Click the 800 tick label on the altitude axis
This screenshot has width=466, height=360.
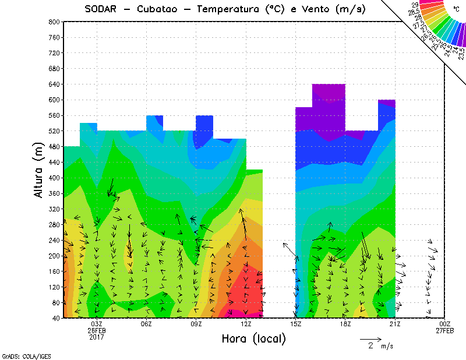54,22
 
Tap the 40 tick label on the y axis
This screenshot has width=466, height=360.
56,318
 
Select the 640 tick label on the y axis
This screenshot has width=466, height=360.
54,84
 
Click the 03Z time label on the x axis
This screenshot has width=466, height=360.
97,324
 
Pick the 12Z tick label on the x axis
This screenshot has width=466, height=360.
246,324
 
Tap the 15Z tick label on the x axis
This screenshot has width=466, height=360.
296,324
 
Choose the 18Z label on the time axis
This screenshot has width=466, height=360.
345,324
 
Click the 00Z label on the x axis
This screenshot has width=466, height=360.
445,324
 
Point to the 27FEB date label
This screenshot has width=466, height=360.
445,330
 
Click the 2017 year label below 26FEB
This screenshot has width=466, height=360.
97,337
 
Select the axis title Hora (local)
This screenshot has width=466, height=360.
253,338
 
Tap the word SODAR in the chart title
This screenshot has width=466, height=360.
102,9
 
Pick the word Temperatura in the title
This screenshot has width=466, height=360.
231,9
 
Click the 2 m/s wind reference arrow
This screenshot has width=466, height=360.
370,338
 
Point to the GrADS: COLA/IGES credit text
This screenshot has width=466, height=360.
19,355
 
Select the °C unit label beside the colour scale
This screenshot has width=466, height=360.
456,9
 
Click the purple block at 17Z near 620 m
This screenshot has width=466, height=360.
329,96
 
